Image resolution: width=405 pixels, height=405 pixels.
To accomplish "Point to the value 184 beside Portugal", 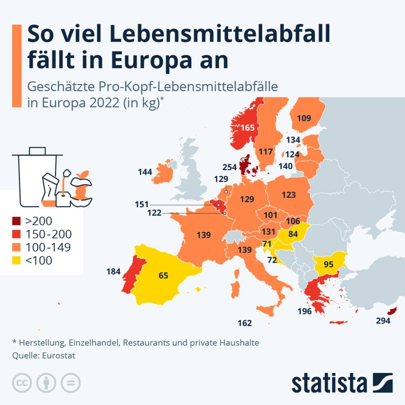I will tap(114, 272).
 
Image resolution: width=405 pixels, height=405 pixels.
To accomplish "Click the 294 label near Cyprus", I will tap(382, 321).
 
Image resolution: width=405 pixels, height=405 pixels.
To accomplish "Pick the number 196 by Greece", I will tap(305, 311).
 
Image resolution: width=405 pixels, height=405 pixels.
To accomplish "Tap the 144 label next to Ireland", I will tap(145, 172).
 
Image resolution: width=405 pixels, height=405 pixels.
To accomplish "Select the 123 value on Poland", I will tap(289, 195).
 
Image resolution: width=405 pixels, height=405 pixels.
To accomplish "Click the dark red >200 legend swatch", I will tap(17, 221).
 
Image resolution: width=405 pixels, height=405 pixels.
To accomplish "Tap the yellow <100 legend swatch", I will tap(17, 260).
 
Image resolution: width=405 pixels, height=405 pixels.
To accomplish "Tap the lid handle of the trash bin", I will tap(37, 151).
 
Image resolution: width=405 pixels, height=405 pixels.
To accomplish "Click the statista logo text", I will tap(329, 383).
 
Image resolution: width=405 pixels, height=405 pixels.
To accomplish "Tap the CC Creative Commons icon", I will tap(23, 383).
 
